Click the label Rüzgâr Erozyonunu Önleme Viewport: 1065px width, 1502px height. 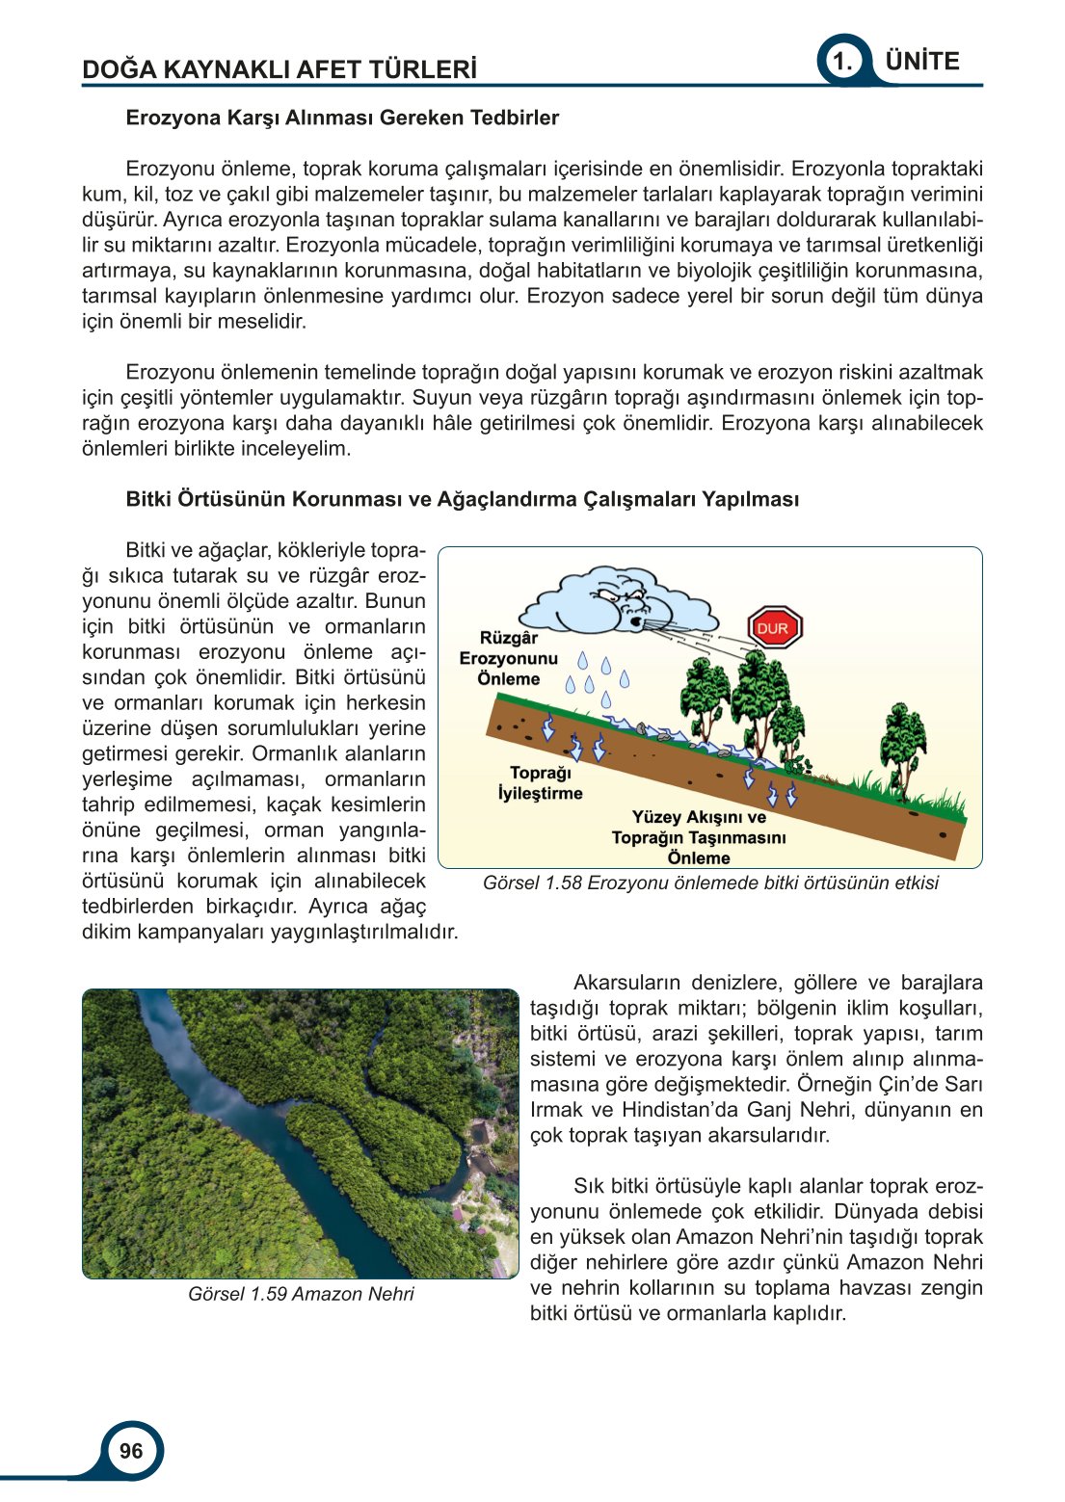tap(508, 658)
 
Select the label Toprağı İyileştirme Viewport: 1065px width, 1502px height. tap(540, 783)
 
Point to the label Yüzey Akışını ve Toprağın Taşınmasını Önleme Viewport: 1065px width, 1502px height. tap(698, 837)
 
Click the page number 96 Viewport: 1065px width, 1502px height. tap(131, 1451)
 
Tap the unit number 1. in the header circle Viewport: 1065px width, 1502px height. tap(842, 62)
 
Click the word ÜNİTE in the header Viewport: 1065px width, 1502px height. tap(921, 62)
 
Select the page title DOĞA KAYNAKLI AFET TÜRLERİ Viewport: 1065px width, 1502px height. tap(280, 69)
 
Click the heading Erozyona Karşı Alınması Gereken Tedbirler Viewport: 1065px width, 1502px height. tap(342, 119)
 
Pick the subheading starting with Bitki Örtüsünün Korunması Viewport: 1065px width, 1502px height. tap(462, 499)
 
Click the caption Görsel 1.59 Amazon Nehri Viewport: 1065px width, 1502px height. tap(301, 1294)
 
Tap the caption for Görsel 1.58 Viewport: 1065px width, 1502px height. tap(710, 883)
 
